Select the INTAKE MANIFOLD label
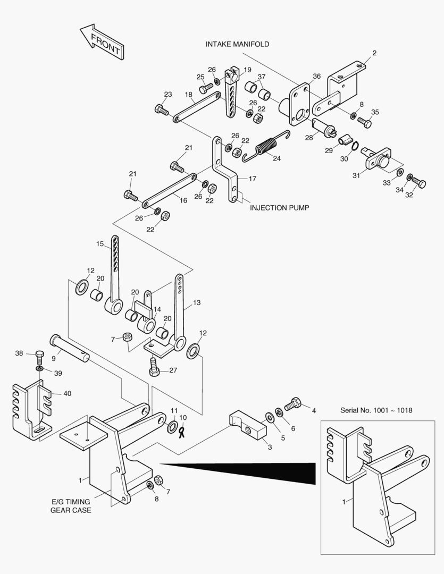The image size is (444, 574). pyautogui.click(x=237, y=44)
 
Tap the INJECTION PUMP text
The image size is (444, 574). pyautogui.click(x=279, y=207)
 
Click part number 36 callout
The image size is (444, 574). pyautogui.click(x=316, y=77)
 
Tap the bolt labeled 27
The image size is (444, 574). pyautogui.click(x=154, y=367)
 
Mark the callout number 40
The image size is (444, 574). pyautogui.click(x=67, y=394)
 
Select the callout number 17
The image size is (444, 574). pyautogui.click(x=253, y=179)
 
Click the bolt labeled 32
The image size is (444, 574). pyautogui.click(x=418, y=183)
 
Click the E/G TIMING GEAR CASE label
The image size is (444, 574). pyautogui.click(x=71, y=505)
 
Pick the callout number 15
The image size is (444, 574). pyautogui.click(x=100, y=244)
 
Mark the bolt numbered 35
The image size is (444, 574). pyautogui.click(x=365, y=122)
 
